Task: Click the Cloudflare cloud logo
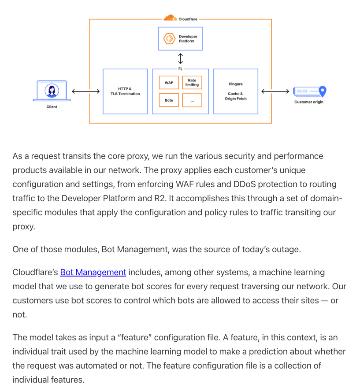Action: click(170, 18)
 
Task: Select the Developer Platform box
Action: click(180, 38)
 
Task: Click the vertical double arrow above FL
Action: click(180, 59)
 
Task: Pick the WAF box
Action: click(169, 82)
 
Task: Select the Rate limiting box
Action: click(192, 82)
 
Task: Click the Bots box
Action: click(169, 100)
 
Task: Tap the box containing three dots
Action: click(192, 100)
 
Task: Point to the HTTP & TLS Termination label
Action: click(125, 91)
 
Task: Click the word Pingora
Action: click(235, 84)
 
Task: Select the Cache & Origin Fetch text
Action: click(235, 96)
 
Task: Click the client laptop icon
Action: click(52, 91)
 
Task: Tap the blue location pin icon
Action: click(323, 91)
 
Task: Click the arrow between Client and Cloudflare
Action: click(85, 92)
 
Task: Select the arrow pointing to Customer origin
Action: click(275, 92)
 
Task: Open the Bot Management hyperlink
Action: click(93, 273)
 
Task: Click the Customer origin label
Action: click(308, 102)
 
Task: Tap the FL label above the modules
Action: click(180, 69)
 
